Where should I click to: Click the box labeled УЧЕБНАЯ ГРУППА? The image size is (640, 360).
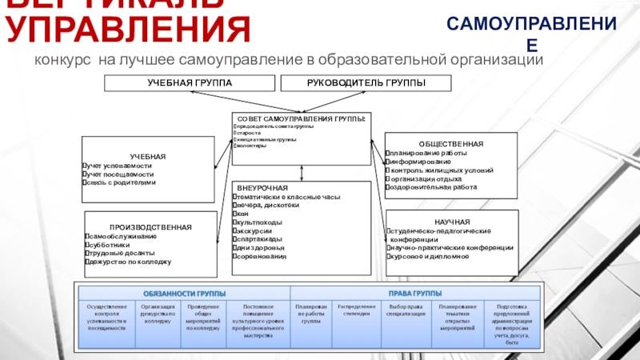[x=190, y=82]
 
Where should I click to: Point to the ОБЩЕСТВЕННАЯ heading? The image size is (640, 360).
[x=450, y=142]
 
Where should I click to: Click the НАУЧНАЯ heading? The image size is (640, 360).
[x=452, y=221]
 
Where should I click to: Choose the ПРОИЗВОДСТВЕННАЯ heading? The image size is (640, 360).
[x=150, y=227]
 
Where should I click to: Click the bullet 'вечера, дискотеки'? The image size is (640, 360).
[x=266, y=204]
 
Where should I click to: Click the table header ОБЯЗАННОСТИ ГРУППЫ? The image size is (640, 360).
[x=184, y=292]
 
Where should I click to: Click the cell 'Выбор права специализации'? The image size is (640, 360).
[x=404, y=310]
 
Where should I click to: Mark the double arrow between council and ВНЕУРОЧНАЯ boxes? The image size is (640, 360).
[x=301, y=173]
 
